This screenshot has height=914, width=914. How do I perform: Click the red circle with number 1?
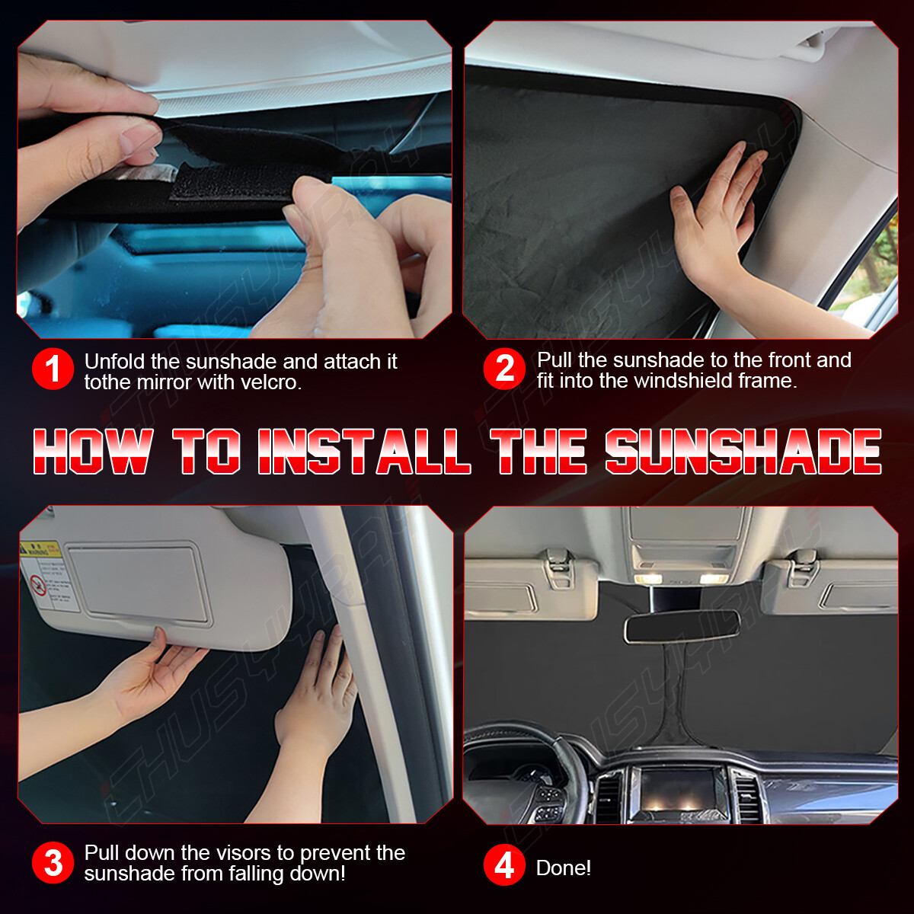click(53, 369)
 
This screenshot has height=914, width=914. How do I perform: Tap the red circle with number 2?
click(504, 369)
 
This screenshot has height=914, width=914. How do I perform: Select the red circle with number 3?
click(53, 863)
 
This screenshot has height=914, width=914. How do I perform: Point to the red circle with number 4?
click(504, 866)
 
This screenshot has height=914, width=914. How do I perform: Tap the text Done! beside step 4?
click(563, 868)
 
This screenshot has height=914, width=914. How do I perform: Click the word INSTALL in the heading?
click(363, 452)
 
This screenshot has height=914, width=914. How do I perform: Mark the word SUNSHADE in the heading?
click(743, 452)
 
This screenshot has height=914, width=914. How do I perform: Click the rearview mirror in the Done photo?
click(682, 626)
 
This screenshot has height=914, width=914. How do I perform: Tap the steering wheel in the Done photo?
click(533, 769)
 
